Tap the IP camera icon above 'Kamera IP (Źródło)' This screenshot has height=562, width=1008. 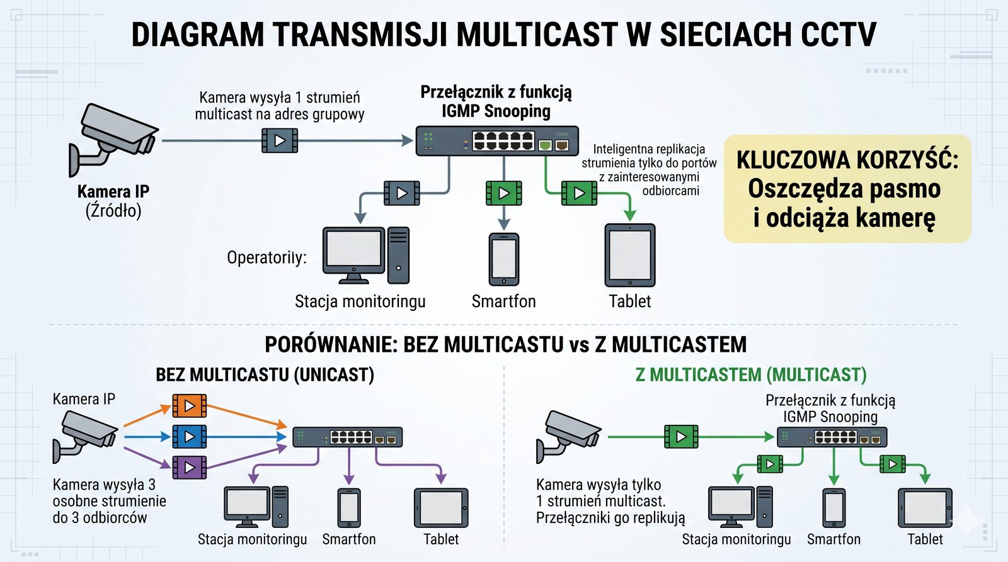click(112, 138)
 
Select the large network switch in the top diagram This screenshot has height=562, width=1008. click(496, 140)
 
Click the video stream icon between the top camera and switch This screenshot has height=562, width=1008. click(280, 140)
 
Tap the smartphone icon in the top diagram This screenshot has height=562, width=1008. click(504, 259)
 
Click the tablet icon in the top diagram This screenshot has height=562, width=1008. click(630, 256)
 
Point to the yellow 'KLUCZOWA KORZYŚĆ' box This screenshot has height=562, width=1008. click(847, 189)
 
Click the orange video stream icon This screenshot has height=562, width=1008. click(189, 406)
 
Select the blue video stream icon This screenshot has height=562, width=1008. click(189, 436)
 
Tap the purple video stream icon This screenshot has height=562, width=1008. click(189, 468)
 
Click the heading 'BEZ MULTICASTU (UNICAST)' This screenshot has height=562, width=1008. click(265, 375)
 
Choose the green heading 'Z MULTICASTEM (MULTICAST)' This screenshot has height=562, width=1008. click(751, 375)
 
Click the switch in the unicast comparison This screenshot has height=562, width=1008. click(347, 437)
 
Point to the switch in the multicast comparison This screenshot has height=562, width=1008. click(832, 437)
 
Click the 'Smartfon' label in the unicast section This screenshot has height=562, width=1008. click(348, 539)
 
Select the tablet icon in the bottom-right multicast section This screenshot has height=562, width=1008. click(925, 507)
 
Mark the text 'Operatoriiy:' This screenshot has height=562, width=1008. click(266, 257)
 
